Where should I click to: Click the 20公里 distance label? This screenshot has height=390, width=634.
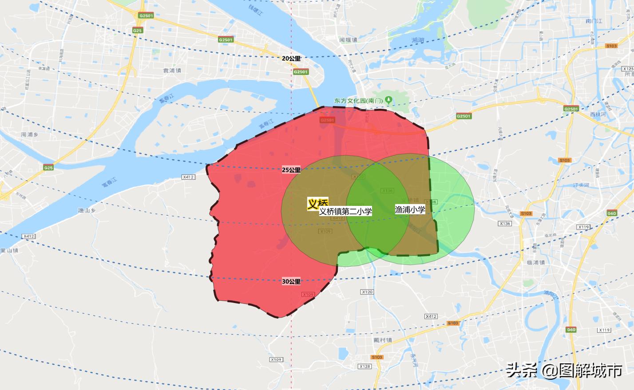(291, 58)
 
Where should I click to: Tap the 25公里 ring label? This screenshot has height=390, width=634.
(291, 170)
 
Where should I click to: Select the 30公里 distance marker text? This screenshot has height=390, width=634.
(291, 281)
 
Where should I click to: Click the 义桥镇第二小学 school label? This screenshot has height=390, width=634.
(345, 212)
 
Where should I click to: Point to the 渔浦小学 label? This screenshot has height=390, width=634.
(410, 210)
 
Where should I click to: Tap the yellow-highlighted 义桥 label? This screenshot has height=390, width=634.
(318, 203)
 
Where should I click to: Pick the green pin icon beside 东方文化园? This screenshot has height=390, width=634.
(388, 100)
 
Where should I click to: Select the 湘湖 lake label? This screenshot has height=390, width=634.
(418, 40)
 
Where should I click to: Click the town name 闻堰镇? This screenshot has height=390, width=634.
(348, 40)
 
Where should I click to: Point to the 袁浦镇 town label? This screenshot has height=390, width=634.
(172, 71)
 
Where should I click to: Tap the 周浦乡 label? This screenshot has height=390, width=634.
(30, 134)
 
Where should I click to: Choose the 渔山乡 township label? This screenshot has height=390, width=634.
(87, 210)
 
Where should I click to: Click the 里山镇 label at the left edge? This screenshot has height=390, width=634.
(9, 250)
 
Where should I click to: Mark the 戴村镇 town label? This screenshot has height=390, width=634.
(383, 340)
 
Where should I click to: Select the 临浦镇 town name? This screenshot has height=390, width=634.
(535, 262)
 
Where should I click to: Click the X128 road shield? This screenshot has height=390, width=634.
(365, 366)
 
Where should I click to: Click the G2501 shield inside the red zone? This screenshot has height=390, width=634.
(327, 120)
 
